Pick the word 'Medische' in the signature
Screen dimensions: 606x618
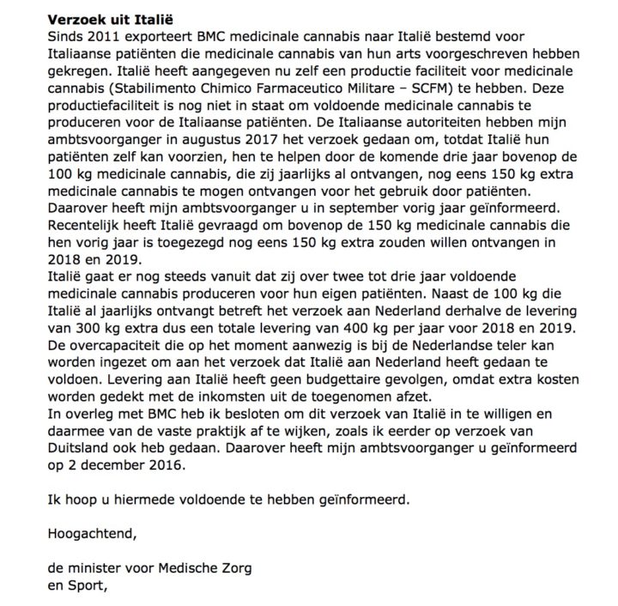(175, 569)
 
